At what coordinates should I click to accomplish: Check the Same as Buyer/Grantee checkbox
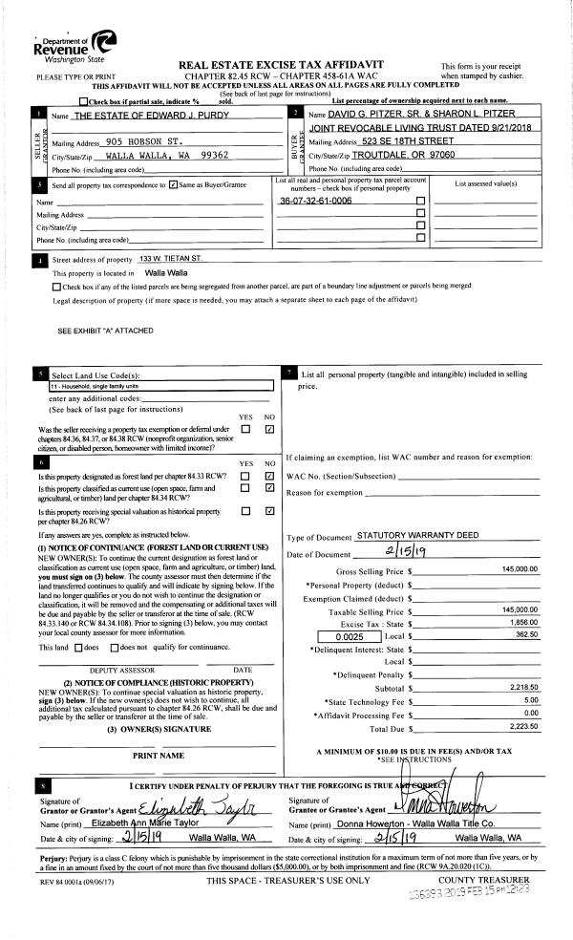pos(173,185)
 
